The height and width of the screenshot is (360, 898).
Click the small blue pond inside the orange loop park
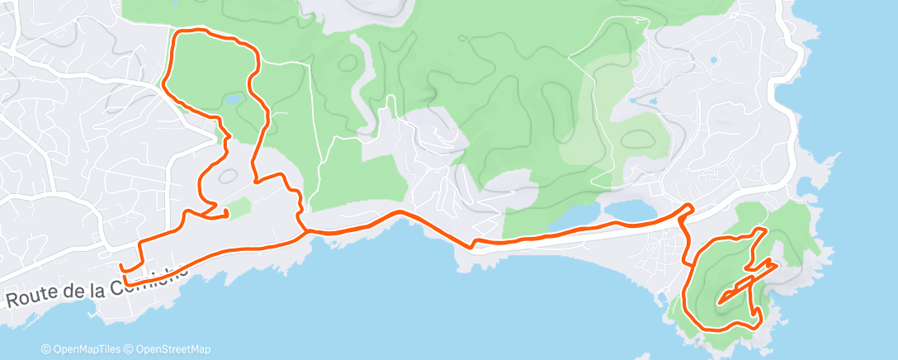[x=232, y=99]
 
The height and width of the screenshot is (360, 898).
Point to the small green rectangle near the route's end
[x=238, y=209]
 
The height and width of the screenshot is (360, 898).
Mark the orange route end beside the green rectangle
[x=225, y=217]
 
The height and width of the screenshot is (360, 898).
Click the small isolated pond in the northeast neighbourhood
[x=713, y=59]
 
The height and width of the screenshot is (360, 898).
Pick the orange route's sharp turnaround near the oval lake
[x=690, y=206]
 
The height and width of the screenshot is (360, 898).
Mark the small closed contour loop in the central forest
[x=347, y=63]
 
